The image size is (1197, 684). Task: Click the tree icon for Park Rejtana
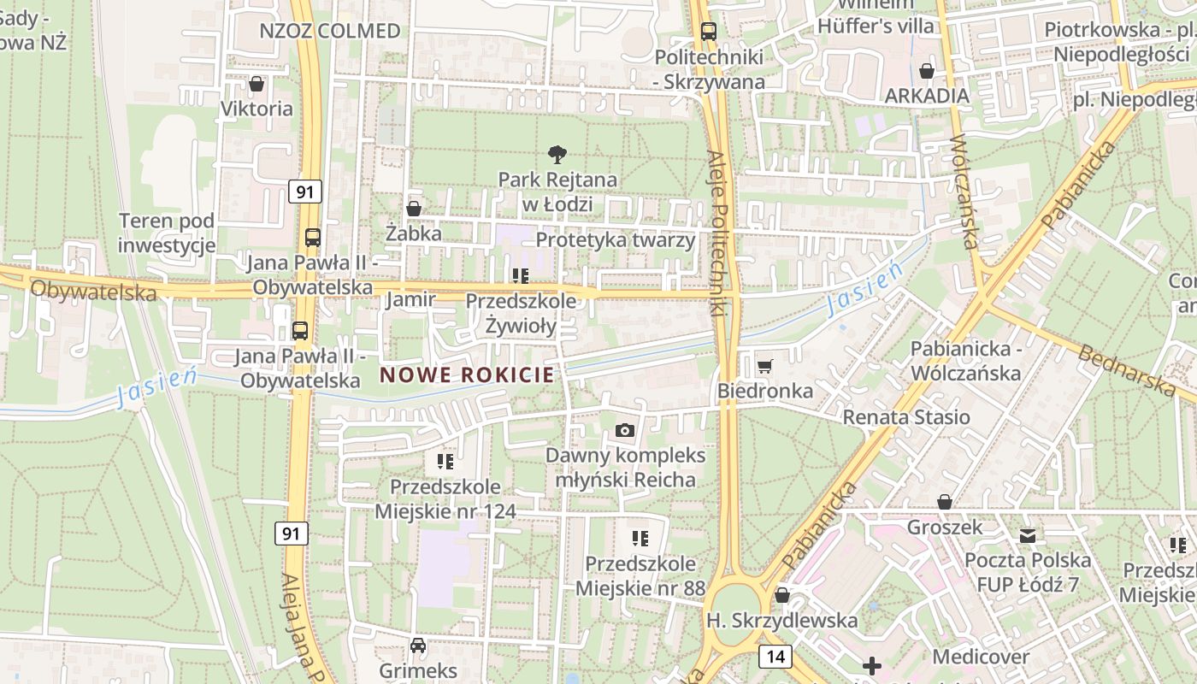coord(557,155)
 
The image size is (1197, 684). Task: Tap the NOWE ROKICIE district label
coord(467,374)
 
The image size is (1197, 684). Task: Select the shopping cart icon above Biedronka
coord(764,366)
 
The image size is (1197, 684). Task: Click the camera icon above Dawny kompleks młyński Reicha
coord(625,430)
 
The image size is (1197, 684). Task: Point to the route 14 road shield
coord(775,657)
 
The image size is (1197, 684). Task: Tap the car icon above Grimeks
coord(418,646)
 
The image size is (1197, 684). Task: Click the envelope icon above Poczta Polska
coord(1028,536)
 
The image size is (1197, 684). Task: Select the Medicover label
coord(981,657)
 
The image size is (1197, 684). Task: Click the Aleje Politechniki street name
coord(720,235)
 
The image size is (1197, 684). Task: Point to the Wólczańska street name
coord(963,192)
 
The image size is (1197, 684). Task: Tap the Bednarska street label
coord(1127,369)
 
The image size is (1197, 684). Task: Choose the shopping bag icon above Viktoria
coord(256,84)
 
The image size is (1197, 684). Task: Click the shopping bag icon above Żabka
coord(414,209)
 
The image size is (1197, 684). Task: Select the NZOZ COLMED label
coord(330,32)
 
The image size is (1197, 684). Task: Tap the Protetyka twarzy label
coord(616,240)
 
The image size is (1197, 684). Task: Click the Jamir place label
coord(410,300)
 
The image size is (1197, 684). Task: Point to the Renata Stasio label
coord(906,417)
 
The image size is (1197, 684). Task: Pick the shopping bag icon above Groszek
coord(945,502)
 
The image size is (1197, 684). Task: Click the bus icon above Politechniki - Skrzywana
coord(709,32)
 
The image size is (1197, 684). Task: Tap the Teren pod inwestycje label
coord(167,233)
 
